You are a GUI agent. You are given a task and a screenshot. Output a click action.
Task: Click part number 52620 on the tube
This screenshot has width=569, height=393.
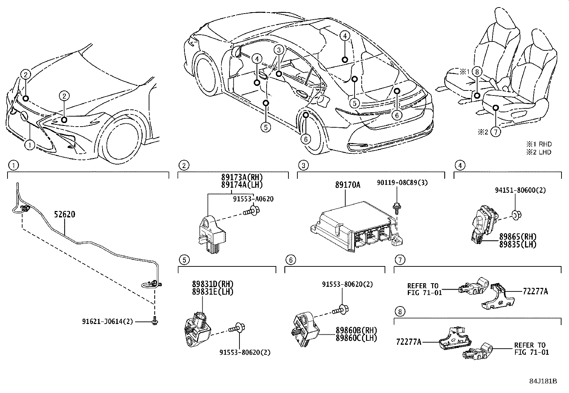[65, 215]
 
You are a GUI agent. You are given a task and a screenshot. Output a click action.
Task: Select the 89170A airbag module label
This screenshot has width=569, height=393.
[347, 185]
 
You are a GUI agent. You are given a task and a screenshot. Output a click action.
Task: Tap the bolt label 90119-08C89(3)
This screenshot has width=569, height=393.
[402, 183]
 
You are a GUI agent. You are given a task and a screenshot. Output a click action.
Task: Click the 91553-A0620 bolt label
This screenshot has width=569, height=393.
[253, 199]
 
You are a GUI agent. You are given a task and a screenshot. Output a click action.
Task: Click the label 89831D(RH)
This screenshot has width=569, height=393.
[213, 284]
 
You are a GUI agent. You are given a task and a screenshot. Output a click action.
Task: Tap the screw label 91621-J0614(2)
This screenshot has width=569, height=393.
[108, 321]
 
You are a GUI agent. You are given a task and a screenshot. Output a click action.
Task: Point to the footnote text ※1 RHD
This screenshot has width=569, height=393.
[539, 144]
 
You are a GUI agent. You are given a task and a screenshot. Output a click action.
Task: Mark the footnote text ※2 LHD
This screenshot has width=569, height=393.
[539, 152]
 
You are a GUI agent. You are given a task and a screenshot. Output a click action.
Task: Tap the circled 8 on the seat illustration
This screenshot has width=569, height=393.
[477, 72]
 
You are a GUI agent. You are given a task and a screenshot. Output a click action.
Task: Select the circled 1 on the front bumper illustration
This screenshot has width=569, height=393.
[30, 145]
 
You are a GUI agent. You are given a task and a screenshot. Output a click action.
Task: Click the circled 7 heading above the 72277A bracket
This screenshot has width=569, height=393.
[400, 260]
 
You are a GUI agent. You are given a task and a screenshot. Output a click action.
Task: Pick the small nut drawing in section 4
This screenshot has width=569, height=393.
[516, 215]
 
